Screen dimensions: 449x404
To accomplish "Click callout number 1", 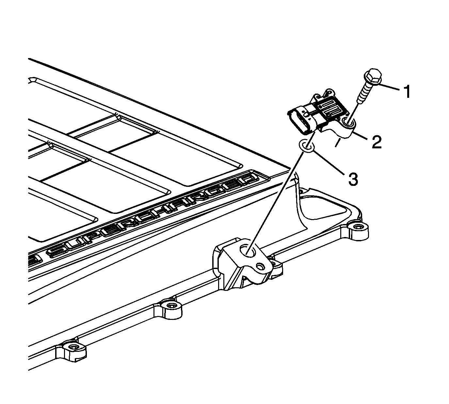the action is (x=407, y=91).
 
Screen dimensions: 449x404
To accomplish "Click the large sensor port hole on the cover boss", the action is (x=248, y=251).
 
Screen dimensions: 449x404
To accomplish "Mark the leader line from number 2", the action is (x=361, y=136).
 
